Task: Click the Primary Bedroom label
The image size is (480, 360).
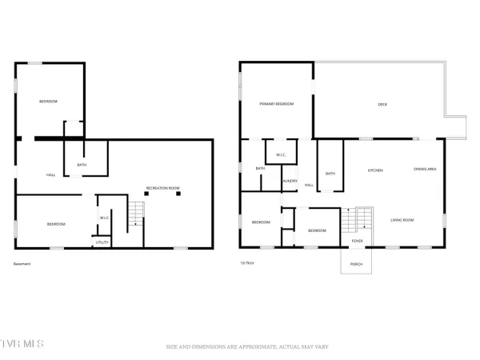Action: click(x=276, y=104)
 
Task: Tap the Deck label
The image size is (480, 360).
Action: click(x=382, y=104)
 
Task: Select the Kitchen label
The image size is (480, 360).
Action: click(x=374, y=170)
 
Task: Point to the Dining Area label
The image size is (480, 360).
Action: click(x=424, y=169)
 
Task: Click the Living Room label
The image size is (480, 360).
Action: click(x=402, y=220)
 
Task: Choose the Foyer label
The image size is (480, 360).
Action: click(x=357, y=240)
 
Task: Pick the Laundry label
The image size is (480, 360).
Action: click(x=290, y=181)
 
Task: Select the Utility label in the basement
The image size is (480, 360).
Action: click(x=102, y=242)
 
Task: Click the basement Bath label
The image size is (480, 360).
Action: click(x=82, y=166)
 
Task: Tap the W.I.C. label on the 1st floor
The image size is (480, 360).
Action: click(x=281, y=154)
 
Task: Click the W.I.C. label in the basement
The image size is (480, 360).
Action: click(x=104, y=218)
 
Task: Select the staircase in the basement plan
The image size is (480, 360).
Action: click(x=137, y=213)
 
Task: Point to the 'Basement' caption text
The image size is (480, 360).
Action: click(x=22, y=263)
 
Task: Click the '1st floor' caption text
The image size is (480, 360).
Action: click(x=248, y=263)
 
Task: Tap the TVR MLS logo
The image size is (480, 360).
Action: click(x=22, y=345)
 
